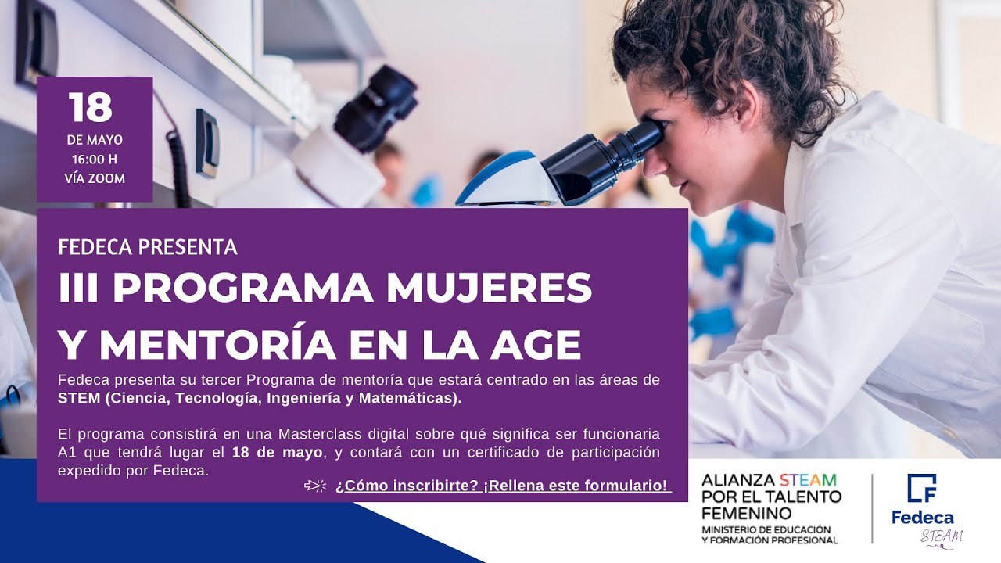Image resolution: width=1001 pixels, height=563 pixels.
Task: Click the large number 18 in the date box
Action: [x=91, y=109]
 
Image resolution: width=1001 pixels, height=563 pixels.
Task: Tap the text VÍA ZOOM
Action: [x=95, y=178]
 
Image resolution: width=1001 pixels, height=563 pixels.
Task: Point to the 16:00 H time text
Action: [x=95, y=160]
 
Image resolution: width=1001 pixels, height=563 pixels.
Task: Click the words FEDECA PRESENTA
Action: [x=148, y=248]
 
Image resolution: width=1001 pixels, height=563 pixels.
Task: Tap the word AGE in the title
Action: [x=535, y=345]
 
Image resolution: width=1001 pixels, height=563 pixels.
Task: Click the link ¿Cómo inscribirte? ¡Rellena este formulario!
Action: [x=503, y=486]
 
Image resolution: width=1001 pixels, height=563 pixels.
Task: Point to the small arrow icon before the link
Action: [x=315, y=486]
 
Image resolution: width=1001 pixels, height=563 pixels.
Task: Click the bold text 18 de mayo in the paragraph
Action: [x=277, y=452]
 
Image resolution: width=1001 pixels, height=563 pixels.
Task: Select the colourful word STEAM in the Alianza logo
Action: [x=807, y=479]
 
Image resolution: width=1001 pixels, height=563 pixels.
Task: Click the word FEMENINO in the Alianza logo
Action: [x=746, y=513]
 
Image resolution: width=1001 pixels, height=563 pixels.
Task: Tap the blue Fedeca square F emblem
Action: [x=922, y=489]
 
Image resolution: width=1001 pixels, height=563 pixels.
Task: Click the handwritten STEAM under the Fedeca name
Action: [x=942, y=536]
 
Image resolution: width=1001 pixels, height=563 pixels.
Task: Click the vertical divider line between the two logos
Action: [x=873, y=507]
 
